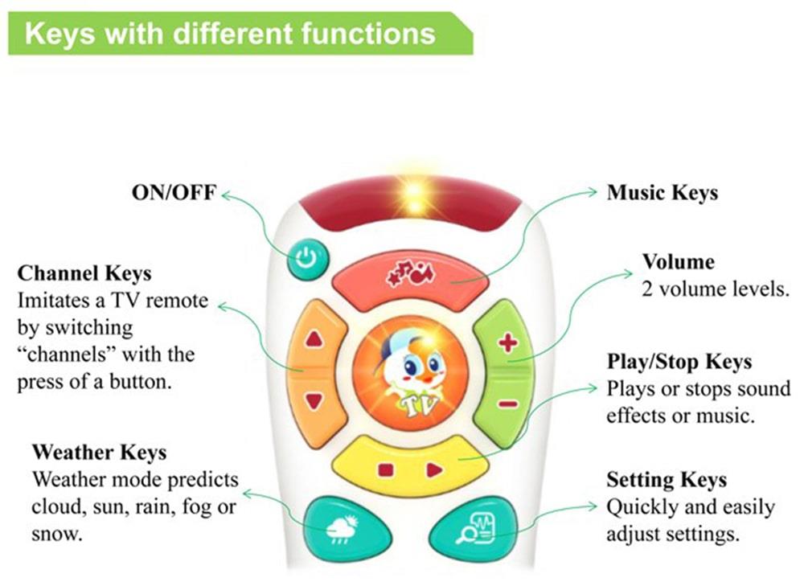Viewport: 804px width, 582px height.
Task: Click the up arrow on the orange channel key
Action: click(314, 338)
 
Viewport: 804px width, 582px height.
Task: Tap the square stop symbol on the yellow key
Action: click(384, 469)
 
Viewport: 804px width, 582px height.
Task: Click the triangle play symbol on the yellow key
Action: click(435, 469)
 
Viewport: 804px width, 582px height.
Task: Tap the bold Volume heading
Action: click(678, 263)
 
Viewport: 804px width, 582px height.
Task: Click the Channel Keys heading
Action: click(84, 273)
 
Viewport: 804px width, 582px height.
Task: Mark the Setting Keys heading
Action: click(667, 480)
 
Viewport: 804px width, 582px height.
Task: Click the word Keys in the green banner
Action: click(64, 35)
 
